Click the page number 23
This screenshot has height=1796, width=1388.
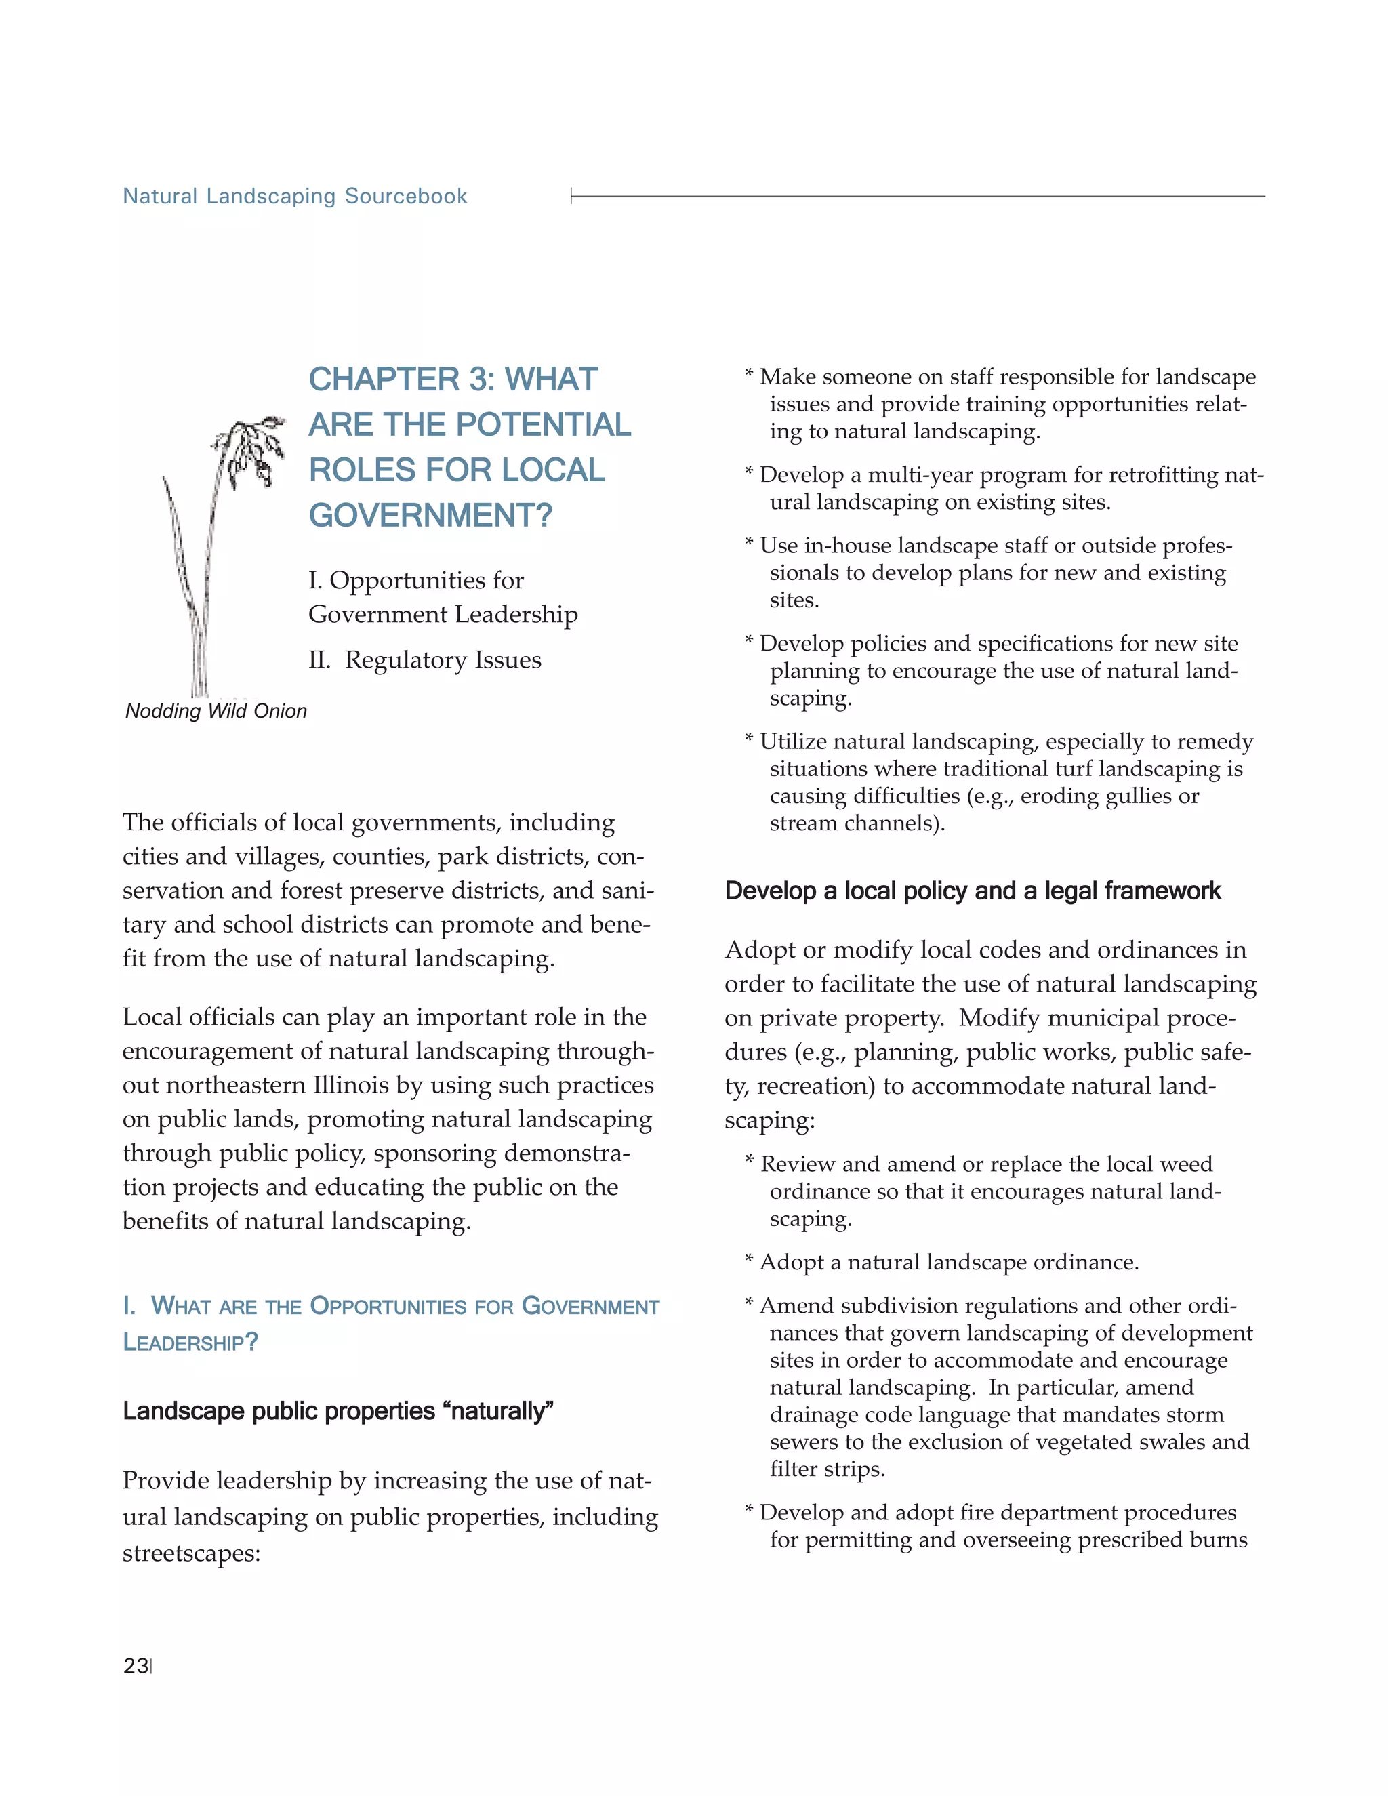click(x=136, y=1666)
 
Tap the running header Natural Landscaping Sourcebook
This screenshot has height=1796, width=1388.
click(x=294, y=197)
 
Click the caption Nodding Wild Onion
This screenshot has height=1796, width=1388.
click(x=216, y=712)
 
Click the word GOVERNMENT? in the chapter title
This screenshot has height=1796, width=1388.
click(x=430, y=516)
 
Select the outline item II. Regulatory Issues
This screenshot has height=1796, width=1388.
click(x=424, y=659)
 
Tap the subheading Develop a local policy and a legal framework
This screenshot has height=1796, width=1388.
click(x=972, y=891)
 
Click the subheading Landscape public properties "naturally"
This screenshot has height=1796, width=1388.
click(x=338, y=1411)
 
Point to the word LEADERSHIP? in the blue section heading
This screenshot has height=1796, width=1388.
click(x=190, y=1342)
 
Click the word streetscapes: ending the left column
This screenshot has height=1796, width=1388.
click(x=190, y=1553)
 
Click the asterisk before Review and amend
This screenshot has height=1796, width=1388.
click(x=749, y=1163)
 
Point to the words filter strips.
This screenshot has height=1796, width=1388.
click(x=826, y=1469)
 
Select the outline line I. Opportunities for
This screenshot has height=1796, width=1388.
click(x=415, y=581)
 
